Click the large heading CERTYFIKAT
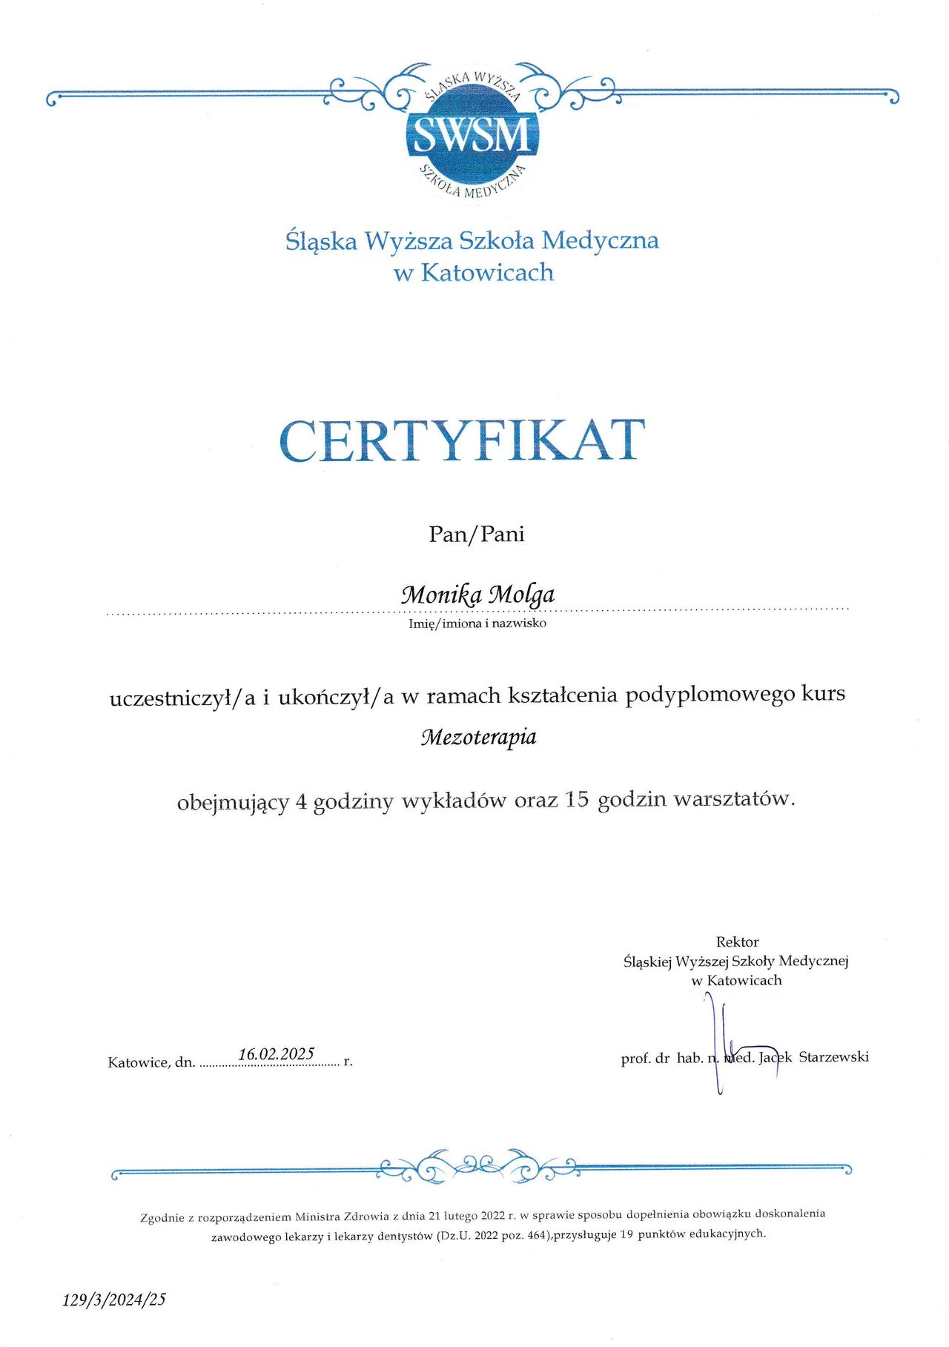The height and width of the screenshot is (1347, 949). click(463, 440)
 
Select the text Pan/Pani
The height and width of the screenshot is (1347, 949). click(476, 534)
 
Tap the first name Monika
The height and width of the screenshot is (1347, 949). click(441, 595)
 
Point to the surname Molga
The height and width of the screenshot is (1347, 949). click(523, 595)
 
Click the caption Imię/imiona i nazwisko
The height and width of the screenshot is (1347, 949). click(477, 623)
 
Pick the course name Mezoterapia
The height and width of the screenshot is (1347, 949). click(478, 737)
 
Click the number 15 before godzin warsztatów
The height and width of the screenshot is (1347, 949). click(576, 799)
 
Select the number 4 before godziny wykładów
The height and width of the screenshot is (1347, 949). click(301, 801)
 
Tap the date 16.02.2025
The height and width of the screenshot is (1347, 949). click(276, 1053)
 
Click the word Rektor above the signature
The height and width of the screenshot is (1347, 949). click(737, 941)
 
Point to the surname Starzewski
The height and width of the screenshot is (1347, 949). click(833, 1056)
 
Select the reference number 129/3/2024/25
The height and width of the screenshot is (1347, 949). click(114, 1299)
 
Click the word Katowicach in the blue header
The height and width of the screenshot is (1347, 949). click(487, 272)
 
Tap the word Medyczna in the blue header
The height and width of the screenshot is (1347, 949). click(600, 240)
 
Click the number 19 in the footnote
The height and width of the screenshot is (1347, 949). click(626, 1234)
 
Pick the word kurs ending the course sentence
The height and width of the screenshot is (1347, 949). click(823, 694)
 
